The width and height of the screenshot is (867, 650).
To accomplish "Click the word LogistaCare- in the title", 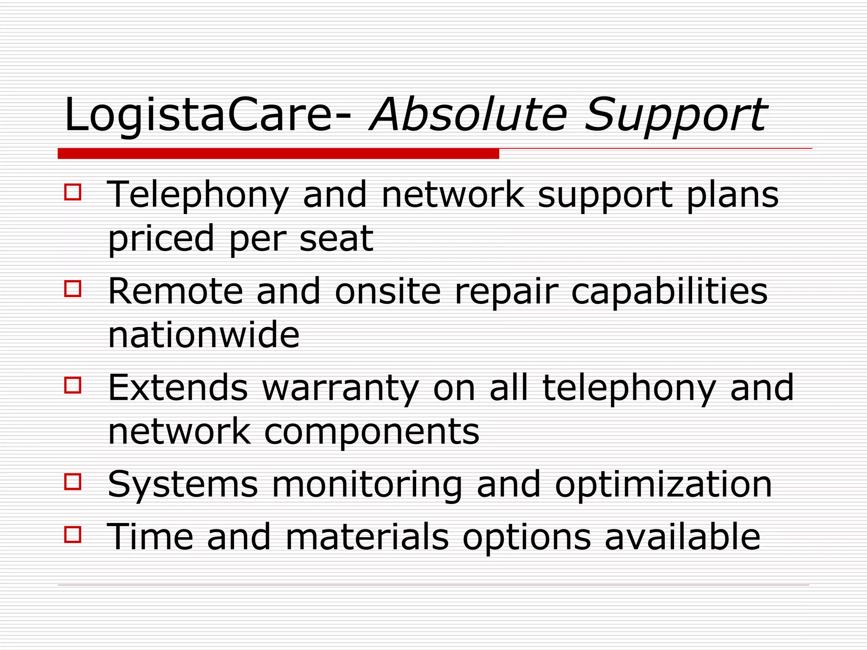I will pos(207,115).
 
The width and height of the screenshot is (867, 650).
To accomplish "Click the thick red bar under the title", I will pos(278,154).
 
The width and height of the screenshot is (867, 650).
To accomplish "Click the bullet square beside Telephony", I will pos(73,192).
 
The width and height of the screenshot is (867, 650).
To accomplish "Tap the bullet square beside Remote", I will pos(73,289).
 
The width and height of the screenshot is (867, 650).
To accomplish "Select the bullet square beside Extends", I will pos(73,385).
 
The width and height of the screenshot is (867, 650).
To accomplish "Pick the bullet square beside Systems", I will pos(73,482).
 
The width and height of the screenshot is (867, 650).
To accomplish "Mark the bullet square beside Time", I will pos(73,534).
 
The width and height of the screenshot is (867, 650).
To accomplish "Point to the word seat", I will pos(336,239).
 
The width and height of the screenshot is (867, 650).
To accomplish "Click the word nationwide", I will pos(204,335).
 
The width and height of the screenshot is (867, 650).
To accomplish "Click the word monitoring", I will pos(367,485).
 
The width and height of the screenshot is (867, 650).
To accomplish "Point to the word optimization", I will pos(663,485).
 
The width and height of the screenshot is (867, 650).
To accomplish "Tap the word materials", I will pos(367,537).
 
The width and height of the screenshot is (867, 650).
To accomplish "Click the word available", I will pos(682,537).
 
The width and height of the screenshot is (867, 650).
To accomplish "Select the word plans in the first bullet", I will pos(732,195).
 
